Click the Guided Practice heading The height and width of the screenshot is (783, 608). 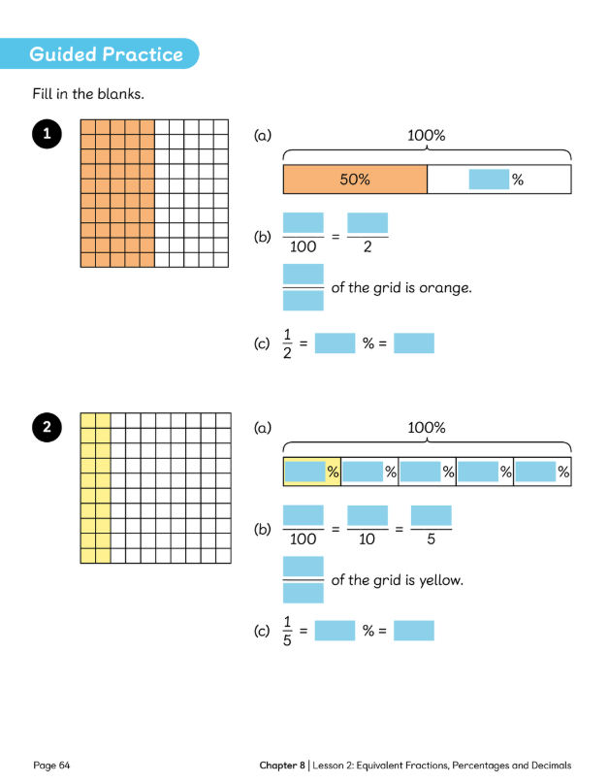tap(106, 54)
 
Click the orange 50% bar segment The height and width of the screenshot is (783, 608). tap(355, 179)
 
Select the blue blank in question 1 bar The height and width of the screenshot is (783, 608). tap(488, 179)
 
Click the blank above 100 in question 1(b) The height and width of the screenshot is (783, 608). tap(304, 223)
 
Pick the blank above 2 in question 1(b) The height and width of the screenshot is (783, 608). tap(368, 223)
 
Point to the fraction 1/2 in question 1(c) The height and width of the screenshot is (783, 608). tap(287, 343)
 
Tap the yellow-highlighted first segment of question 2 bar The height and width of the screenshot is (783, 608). tap(311, 472)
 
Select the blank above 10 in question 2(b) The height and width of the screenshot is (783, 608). tap(368, 515)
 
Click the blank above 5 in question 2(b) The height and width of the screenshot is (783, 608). tap(432, 515)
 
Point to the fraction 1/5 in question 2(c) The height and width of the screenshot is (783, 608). tap(287, 632)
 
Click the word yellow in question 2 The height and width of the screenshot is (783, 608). tap(441, 580)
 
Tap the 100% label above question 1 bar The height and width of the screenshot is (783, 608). tap(427, 136)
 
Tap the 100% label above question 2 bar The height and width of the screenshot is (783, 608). tap(427, 427)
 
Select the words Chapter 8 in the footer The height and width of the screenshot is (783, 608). tap(282, 766)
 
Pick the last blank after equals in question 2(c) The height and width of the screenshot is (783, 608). tap(414, 631)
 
